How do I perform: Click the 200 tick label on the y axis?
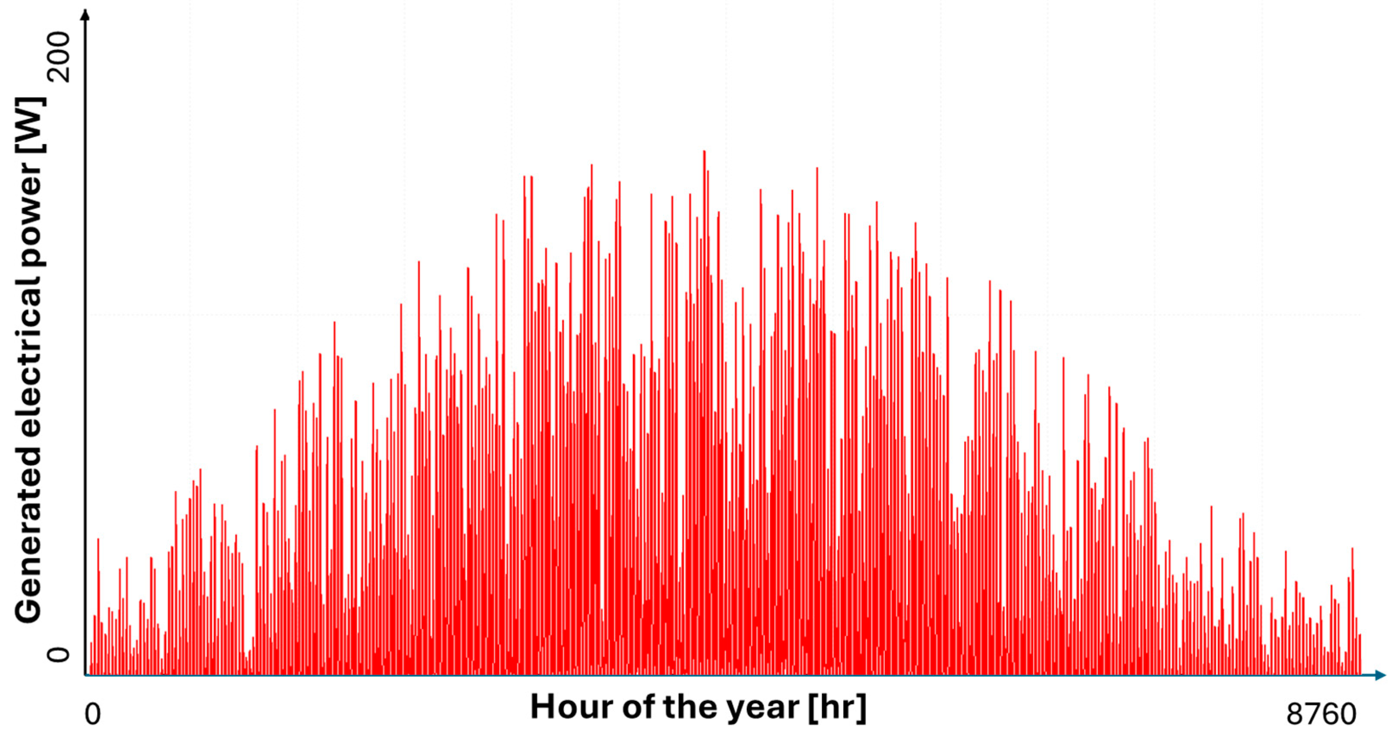tap(59, 56)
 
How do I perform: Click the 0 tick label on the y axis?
tap(59, 655)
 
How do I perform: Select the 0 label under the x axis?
tap(93, 714)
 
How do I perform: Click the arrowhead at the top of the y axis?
tap(85, 13)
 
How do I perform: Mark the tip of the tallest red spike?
tap(704, 150)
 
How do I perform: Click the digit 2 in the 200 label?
tap(59, 74)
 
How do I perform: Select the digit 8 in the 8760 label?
tap(1294, 714)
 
